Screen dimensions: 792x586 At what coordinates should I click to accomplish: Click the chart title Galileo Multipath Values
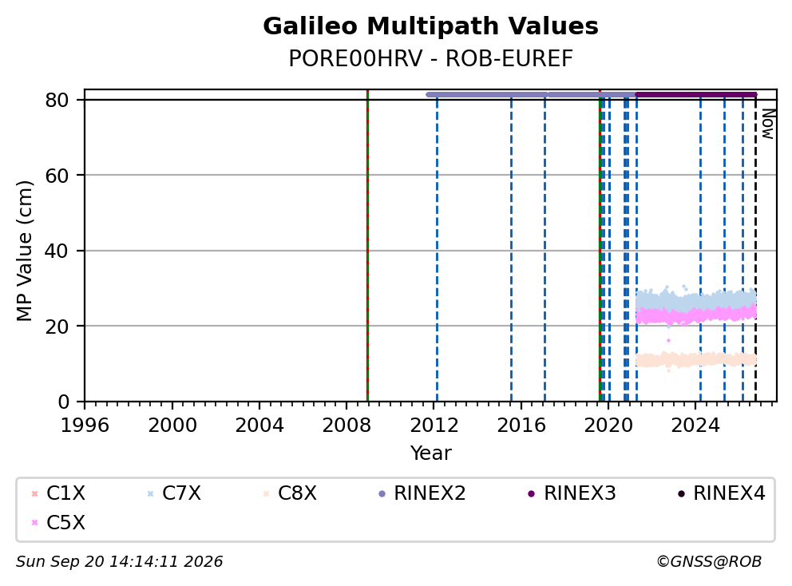tap(430, 26)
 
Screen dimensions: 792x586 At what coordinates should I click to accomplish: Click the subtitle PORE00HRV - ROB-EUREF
tap(430, 58)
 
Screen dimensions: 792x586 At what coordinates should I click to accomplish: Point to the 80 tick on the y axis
tap(57, 100)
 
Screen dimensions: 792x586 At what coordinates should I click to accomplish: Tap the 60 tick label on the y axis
tap(57, 176)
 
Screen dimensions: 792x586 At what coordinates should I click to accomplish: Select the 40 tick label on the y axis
tap(57, 251)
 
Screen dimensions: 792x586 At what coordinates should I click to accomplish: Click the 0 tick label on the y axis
tap(63, 402)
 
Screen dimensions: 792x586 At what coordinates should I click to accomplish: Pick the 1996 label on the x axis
tap(85, 426)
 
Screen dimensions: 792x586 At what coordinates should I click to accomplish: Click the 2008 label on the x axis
tap(346, 426)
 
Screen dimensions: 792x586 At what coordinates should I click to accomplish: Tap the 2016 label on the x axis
tap(521, 426)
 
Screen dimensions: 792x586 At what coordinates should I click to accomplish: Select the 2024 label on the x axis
tap(695, 426)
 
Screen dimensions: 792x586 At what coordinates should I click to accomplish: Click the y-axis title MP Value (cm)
tap(24, 251)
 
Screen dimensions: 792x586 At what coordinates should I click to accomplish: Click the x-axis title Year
tap(430, 453)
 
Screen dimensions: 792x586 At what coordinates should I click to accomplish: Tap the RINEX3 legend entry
tap(572, 493)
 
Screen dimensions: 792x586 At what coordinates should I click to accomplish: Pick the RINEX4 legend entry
tap(721, 493)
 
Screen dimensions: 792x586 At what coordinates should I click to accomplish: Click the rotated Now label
tap(768, 124)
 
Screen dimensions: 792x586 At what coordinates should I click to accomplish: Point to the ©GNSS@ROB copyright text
tap(709, 562)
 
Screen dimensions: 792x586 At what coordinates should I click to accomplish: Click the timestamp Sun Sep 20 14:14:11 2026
tap(119, 562)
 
